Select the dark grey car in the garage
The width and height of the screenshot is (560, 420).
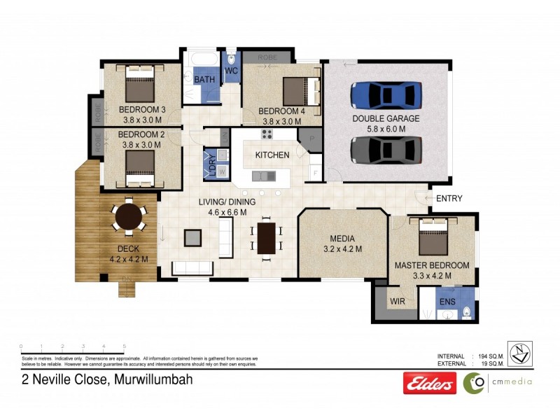tap(386, 149)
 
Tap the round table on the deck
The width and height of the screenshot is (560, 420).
tap(129, 216)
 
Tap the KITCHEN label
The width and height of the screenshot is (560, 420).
tap(272, 155)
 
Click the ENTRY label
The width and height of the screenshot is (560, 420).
tap(449, 199)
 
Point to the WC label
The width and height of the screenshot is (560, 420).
tap(232, 71)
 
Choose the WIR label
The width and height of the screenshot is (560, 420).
tap(397, 302)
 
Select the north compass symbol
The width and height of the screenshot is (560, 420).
tap(519, 353)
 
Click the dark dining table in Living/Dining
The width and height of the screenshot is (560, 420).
tap(267, 237)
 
